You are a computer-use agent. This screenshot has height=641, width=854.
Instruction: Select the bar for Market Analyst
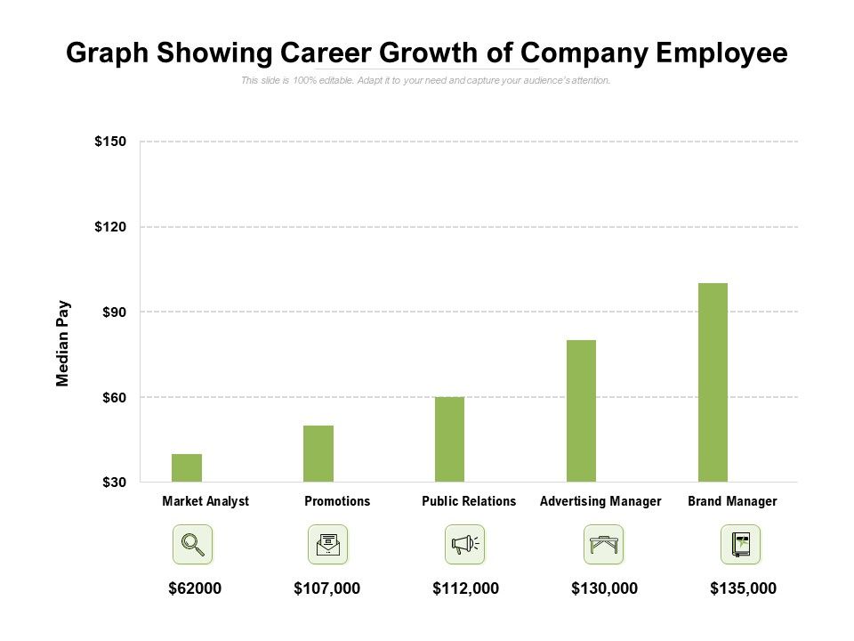[187, 467]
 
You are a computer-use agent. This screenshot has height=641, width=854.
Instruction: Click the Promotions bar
[318, 453]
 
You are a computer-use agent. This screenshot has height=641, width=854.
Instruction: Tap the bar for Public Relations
[449, 439]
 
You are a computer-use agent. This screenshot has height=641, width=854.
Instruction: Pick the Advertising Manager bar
[581, 410]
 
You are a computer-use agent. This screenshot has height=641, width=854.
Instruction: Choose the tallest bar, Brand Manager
[713, 382]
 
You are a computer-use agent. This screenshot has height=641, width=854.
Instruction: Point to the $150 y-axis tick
[110, 142]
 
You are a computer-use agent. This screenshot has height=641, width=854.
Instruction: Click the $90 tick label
[112, 312]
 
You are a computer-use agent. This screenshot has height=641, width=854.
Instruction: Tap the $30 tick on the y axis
[112, 483]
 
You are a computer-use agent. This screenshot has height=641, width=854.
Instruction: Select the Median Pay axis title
[63, 343]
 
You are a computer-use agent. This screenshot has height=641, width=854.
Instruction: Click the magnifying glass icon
[192, 544]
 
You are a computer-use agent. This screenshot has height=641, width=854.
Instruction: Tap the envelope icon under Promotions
[327, 544]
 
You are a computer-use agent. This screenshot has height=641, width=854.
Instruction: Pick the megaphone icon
[464, 544]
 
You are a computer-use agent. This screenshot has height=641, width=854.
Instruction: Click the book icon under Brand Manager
[740, 544]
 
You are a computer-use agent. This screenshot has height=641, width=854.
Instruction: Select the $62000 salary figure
[195, 588]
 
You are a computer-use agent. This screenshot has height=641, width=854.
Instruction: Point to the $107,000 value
[327, 588]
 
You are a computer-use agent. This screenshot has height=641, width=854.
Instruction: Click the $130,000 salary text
[605, 588]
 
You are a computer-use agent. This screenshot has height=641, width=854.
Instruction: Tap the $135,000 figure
[744, 588]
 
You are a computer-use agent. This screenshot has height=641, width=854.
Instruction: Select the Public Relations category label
[469, 501]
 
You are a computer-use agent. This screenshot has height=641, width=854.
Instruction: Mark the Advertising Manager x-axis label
[600, 501]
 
